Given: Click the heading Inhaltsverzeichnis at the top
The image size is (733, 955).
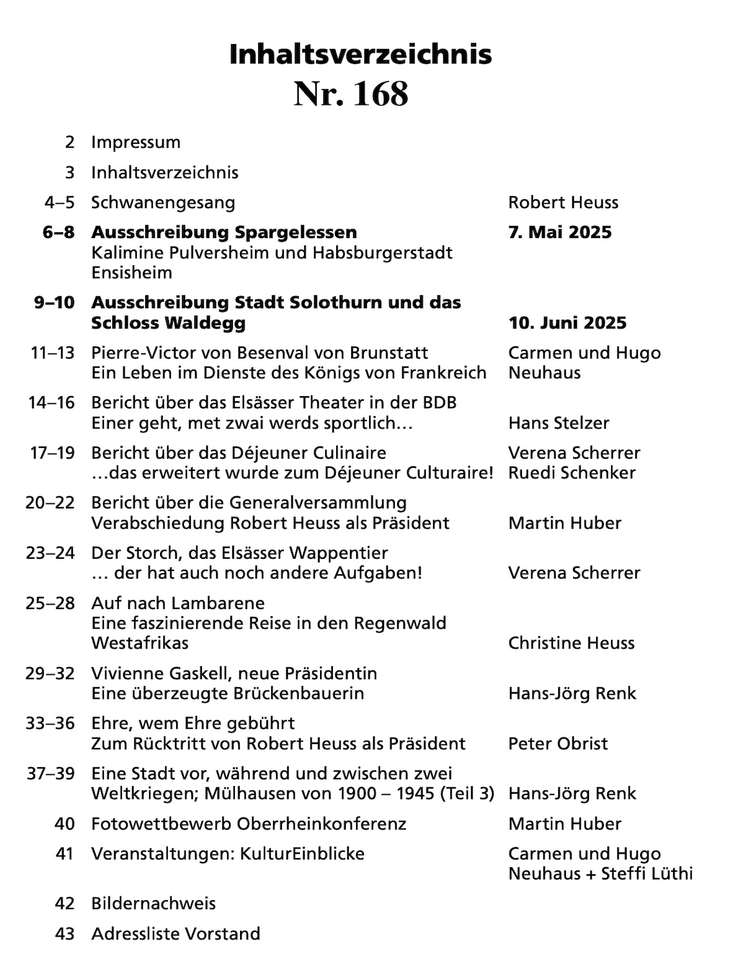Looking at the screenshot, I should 360,55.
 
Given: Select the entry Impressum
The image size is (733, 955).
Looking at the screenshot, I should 136,143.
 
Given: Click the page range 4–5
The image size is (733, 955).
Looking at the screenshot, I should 59,203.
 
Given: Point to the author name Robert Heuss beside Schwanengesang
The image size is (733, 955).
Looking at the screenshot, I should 563,203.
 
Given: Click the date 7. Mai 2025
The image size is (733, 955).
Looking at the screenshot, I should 559,232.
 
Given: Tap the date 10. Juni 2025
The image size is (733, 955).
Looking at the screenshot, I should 567,323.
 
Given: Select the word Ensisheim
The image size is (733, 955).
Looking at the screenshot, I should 132,272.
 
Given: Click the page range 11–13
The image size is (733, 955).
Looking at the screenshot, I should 52,353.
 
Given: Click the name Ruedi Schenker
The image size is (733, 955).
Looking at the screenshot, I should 572,473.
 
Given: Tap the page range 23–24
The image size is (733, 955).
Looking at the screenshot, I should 51,553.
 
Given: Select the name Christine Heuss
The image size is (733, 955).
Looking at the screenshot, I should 571,643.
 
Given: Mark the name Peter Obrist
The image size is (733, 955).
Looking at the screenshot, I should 557,743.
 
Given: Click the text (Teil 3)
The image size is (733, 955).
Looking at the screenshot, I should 467,793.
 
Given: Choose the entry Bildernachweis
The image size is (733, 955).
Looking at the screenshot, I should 154,903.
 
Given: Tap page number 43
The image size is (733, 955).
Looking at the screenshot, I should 65,934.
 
